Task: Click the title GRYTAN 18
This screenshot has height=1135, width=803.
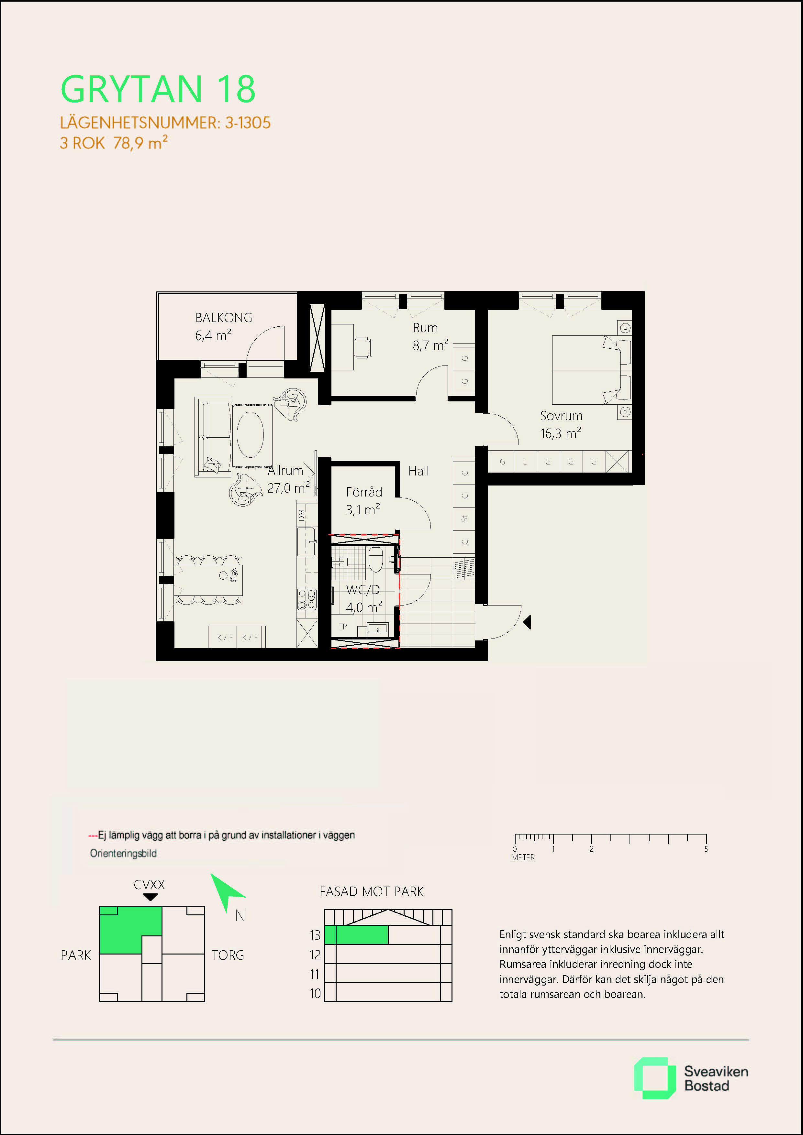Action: coord(158,90)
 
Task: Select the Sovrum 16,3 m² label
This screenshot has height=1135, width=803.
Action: coord(561,425)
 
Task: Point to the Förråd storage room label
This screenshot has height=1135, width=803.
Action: coord(364,492)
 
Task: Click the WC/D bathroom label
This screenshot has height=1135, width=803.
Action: coord(363,589)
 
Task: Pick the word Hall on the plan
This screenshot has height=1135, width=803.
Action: coord(418,471)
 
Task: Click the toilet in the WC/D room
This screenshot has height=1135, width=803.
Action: coord(376,559)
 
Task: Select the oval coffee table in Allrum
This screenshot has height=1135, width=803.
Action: coord(250,434)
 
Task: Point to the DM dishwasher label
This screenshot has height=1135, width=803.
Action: coord(302,515)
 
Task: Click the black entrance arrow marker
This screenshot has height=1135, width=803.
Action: coord(527,622)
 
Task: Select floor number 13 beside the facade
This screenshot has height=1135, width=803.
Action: coord(315,935)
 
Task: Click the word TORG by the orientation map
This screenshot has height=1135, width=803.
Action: coord(228,955)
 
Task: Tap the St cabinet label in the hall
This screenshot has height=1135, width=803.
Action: coord(464,518)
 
